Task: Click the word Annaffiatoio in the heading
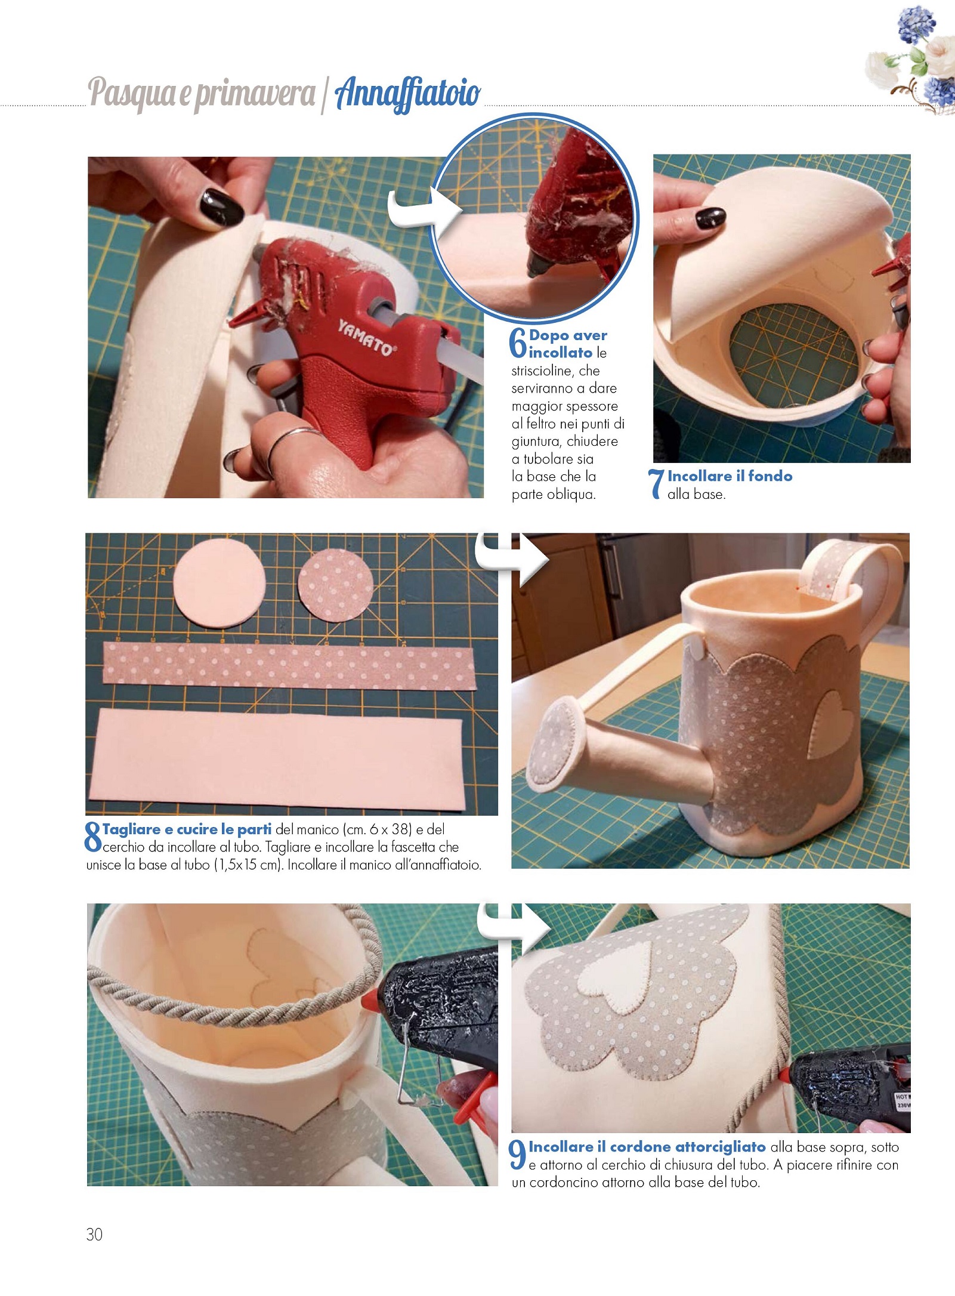tap(408, 94)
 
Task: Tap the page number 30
tap(94, 1235)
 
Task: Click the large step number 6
tap(518, 342)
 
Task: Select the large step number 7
tap(656, 484)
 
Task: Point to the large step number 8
tap(94, 837)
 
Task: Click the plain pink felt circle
tap(219, 583)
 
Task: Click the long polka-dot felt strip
tap(289, 666)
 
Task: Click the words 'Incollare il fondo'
tap(730, 476)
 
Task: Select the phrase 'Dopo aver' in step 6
tap(568, 335)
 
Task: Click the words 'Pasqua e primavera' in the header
tap(202, 94)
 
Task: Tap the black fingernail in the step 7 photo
tap(710, 218)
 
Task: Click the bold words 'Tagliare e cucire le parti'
tap(187, 829)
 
